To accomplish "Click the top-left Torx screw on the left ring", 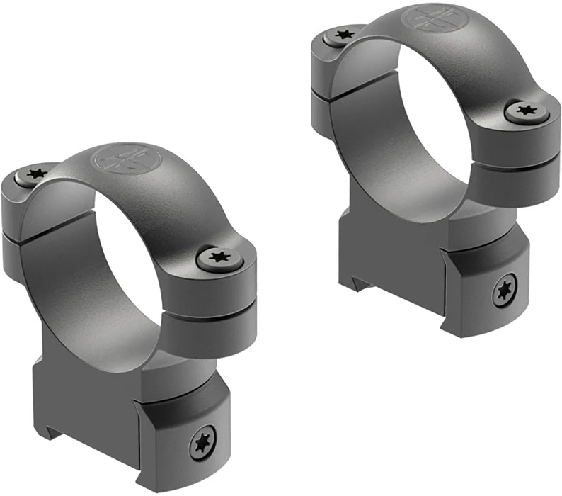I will coord(35,172).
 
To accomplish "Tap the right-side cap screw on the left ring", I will coord(219,257).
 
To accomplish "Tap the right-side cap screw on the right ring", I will coord(526,110).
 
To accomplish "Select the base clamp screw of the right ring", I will coord(504,289).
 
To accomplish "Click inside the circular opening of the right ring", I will coord(432,120).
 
